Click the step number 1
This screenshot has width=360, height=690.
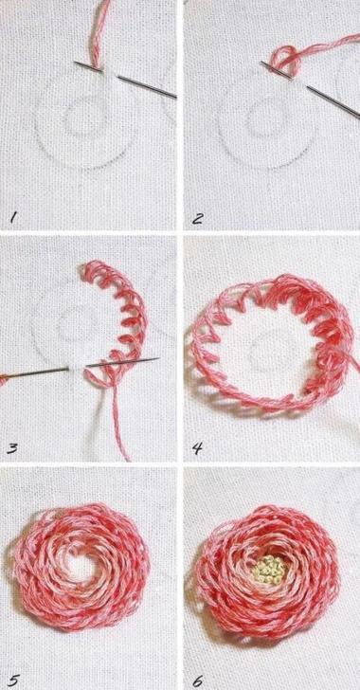click(x=13, y=217)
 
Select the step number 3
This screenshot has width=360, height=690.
click(x=12, y=448)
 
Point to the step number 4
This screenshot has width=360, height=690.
click(x=197, y=448)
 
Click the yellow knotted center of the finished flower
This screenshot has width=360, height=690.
click(x=268, y=567)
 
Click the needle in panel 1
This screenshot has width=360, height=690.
click(x=125, y=80)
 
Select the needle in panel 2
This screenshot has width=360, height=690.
click(x=311, y=89)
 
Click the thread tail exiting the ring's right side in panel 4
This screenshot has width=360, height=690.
click(x=354, y=365)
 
